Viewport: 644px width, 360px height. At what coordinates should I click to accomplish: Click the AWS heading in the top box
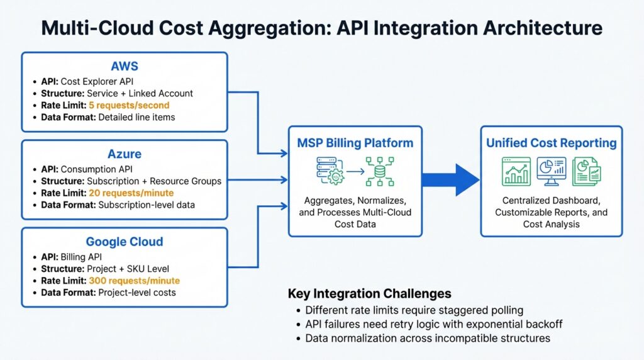pyautogui.click(x=125, y=66)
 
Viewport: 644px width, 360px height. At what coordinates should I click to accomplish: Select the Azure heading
pyautogui.click(x=125, y=154)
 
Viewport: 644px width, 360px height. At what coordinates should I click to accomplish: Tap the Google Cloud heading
pyautogui.click(x=125, y=242)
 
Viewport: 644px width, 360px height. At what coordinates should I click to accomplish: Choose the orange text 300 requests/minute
pyautogui.click(x=134, y=281)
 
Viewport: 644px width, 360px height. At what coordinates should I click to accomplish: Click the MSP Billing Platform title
pyautogui.click(x=355, y=143)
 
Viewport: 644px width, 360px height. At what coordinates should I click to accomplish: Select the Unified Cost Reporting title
pyautogui.click(x=552, y=143)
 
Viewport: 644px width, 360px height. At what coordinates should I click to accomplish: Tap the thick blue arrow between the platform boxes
pyautogui.click(x=450, y=180)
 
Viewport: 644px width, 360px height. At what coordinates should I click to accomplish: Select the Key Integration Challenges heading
pyautogui.click(x=370, y=293)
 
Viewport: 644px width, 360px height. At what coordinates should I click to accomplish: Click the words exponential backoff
pyautogui.click(x=516, y=324)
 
